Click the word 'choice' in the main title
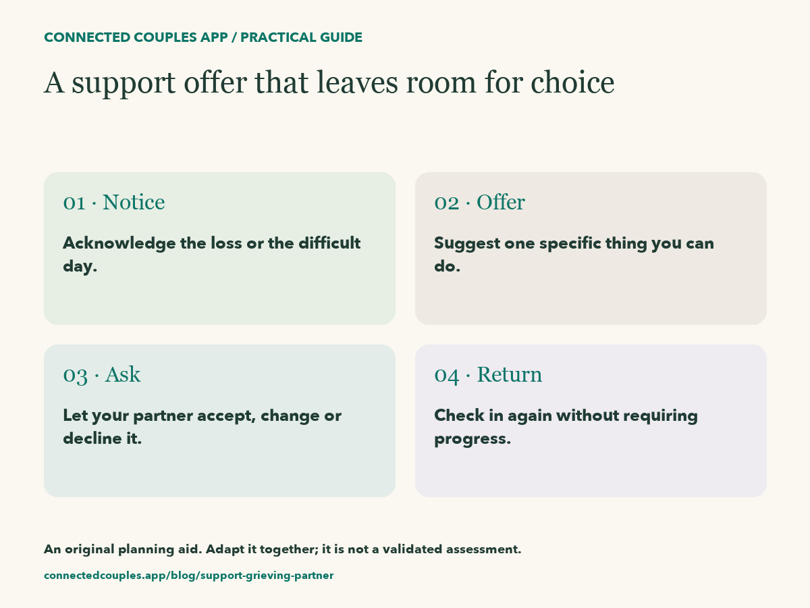coord(572,82)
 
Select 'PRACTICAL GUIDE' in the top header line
coord(302,37)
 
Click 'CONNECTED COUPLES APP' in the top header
coord(136,37)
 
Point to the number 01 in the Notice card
coord(74,203)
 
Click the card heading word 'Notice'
coord(134,202)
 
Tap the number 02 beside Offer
coord(447,203)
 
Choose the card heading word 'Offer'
coord(501,202)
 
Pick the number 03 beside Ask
coord(76,376)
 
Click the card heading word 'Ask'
coord(123,374)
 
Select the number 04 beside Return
coord(447,376)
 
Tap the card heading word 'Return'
coord(510,374)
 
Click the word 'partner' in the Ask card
coord(163,416)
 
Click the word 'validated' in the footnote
coord(412,549)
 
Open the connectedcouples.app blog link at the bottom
coord(188,576)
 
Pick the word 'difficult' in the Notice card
coord(329,243)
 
